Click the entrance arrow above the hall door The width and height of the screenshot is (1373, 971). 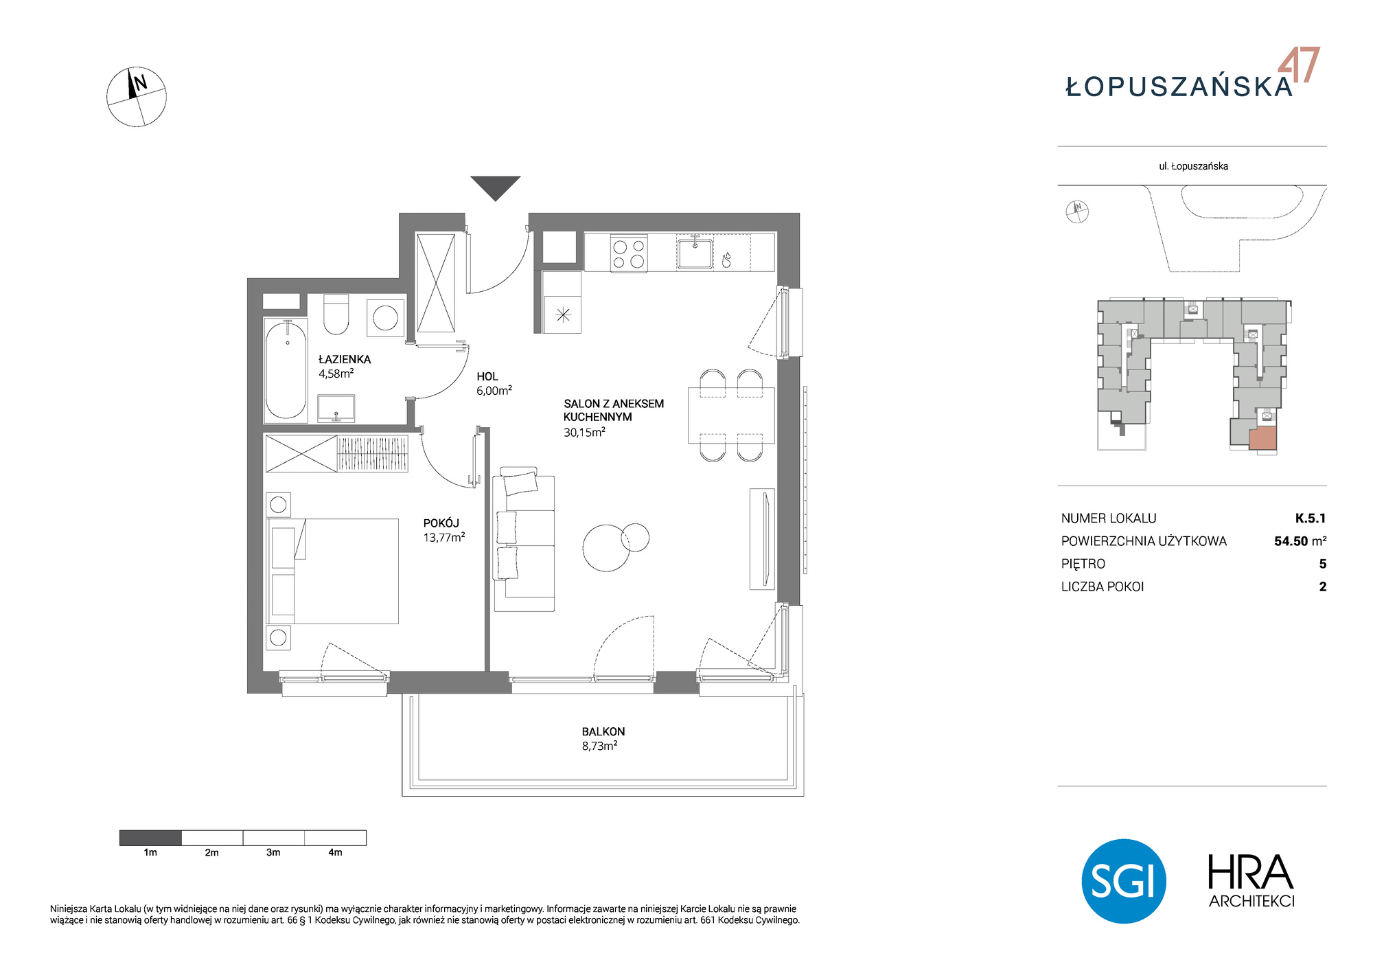(x=495, y=187)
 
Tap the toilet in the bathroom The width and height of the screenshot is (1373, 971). (x=336, y=315)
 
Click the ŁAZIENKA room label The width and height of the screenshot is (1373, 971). (x=345, y=359)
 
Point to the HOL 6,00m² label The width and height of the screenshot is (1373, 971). (x=494, y=383)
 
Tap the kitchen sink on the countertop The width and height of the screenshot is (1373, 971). (x=694, y=252)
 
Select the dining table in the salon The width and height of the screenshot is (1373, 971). (x=731, y=416)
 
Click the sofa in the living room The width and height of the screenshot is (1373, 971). (x=524, y=539)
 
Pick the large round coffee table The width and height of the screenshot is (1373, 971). (x=606, y=548)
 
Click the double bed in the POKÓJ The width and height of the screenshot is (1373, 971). (x=332, y=571)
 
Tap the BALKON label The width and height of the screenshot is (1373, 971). (x=603, y=731)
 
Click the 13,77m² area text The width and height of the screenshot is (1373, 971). (x=444, y=538)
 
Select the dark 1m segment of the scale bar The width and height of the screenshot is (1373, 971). (x=150, y=838)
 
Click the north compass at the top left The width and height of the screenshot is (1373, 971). (x=137, y=97)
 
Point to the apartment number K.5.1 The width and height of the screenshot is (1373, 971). (x=1311, y=518)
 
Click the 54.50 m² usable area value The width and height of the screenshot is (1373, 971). (x=1300, y=541)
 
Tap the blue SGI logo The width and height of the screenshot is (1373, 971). (x=1124, y=881)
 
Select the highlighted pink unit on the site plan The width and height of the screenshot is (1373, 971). (x=1262, y=438)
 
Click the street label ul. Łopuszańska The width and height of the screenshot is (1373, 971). (x=1193, y=166)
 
